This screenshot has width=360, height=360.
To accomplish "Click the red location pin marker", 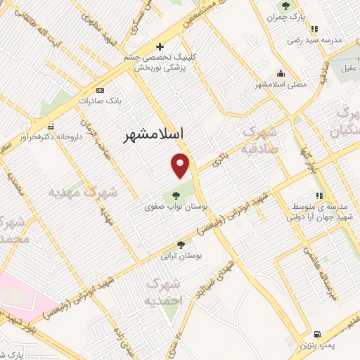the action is (181, 165).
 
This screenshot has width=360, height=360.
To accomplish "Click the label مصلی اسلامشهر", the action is (282, 84).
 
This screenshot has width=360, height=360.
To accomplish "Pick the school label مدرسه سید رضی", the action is (314, 41).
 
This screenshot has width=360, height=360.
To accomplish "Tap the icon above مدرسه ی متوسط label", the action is (319, 195).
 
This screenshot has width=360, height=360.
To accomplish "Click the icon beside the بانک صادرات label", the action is (99, 90).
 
